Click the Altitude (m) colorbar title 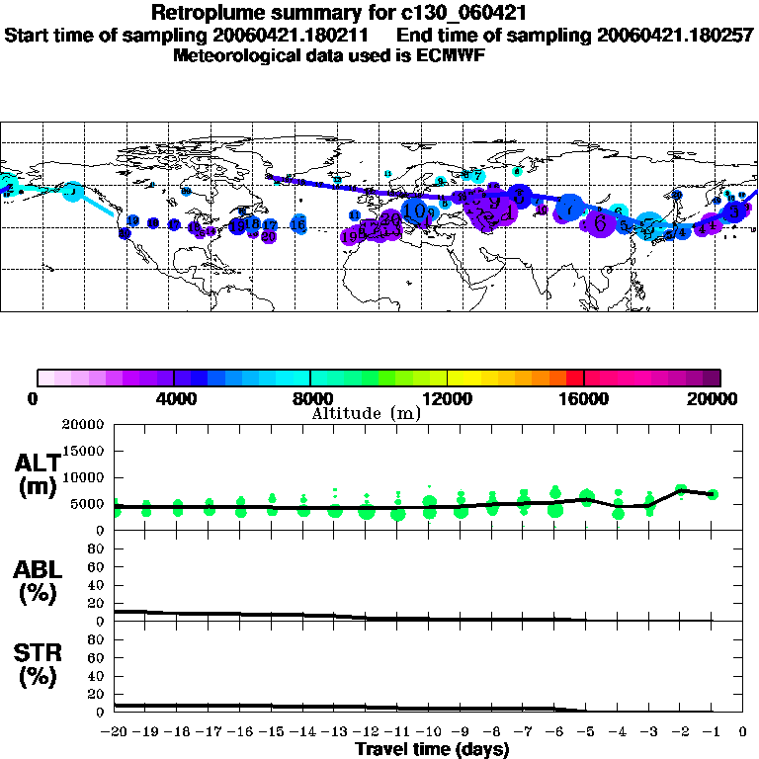[367, 412]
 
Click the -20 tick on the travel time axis [115, 732]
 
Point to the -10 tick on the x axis [429, 732]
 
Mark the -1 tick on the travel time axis [713, 732]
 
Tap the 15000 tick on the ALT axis [84, 451]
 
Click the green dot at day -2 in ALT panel [681, 489]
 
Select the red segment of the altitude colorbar [574, 378]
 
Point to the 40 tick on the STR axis [97, 675]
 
